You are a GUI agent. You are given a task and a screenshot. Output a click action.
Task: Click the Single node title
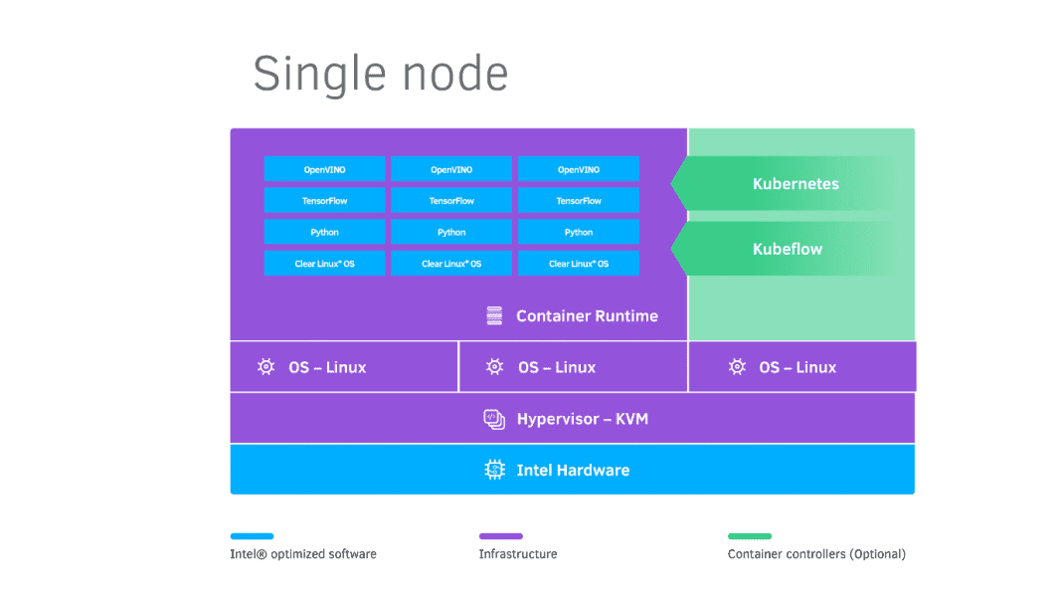click(381, 75)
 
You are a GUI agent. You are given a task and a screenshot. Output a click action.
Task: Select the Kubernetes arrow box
click(794, 184)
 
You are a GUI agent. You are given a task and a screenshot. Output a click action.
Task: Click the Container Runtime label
click(587, 316)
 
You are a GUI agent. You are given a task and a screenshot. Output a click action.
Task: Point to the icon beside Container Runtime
click(494, 316)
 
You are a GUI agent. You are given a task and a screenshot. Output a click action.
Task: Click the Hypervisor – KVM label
click(582, 419)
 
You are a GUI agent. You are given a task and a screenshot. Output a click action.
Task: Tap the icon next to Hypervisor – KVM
click(494, 419)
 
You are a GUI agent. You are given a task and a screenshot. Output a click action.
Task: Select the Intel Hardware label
click(573, 470)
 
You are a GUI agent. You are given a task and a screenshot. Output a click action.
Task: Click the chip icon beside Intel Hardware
click(494, 470)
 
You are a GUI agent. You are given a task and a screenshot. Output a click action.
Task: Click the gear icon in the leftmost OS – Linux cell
click(265, 367)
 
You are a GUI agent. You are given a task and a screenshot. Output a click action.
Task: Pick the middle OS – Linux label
click(556, 367)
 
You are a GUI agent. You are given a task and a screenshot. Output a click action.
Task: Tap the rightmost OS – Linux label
click(797, 367)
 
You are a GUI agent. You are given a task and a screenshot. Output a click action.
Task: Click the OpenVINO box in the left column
click(324, 169)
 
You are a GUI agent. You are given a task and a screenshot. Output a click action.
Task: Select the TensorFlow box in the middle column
click(451, 201)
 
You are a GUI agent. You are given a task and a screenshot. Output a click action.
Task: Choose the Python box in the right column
click(579, 232)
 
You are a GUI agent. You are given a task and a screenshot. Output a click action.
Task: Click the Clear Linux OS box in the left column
click(324, 264)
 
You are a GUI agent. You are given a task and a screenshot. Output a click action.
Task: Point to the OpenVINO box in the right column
click(579, 169)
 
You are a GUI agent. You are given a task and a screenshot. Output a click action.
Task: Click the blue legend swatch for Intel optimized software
click(252, 536)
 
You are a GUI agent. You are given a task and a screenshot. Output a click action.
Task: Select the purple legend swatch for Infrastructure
click(500, 536)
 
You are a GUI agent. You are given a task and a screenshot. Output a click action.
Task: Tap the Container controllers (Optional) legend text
click(816, 554)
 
